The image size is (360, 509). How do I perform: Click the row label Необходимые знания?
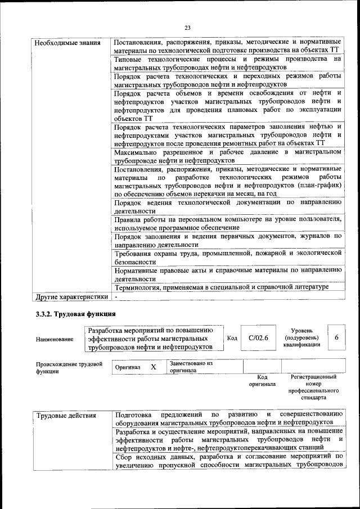pyautogui.click(x=67, y=43)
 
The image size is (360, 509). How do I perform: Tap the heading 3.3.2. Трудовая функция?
pyautogui.click(x=76, y=314)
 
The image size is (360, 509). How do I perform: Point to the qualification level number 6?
pyautogui.click(x=336, y=337)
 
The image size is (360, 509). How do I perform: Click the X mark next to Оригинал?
pyautogui.click(x=152, y=367)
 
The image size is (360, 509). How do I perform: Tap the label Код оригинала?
pyautogui.click(x=262, y=381)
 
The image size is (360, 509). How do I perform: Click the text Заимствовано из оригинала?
pyautogui.click(x=191, y=367)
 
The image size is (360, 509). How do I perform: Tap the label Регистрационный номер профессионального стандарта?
pyautogui.click(x=313, y=386)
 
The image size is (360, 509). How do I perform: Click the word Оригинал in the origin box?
pyautogui.click(x=128, y=367)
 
